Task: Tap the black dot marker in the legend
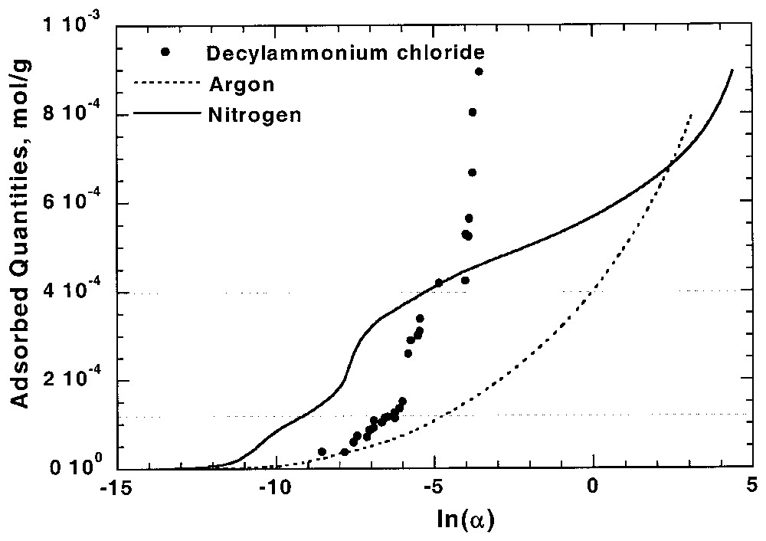click(x=165, y=52)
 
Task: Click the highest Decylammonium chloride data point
click(x=479, y=71)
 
